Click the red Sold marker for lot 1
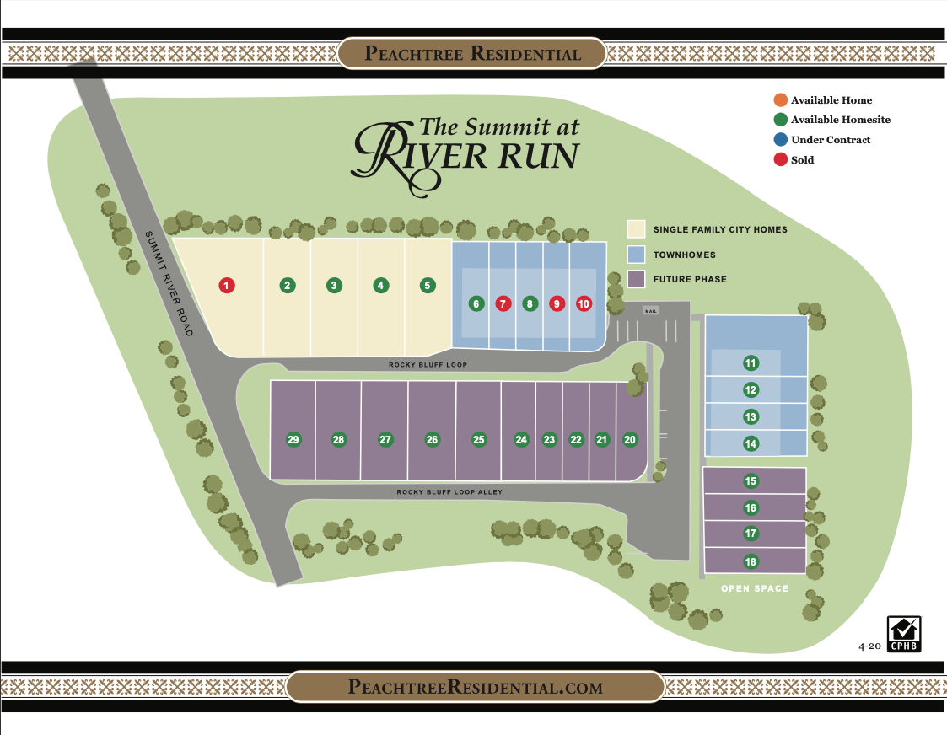tap(226, 286)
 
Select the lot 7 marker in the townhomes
tap(503, 303)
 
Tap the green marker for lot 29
tap(293, 439)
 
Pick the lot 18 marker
tap(751, 561)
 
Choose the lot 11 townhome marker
tap(751, 363)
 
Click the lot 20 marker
tap(630, 439)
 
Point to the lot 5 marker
tap(428, 286)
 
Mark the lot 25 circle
tap(479, 439)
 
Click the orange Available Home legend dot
tap(780, 100)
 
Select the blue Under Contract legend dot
tap(780, 140)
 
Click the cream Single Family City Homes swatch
tap(636, 229)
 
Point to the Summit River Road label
tap(169, 283)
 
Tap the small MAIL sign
tap(650, 310)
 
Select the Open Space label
tap(755, 588)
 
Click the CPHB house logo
tap(902, 634)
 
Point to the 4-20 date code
tap(869, 646)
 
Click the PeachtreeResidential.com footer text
tap(475, 687)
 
